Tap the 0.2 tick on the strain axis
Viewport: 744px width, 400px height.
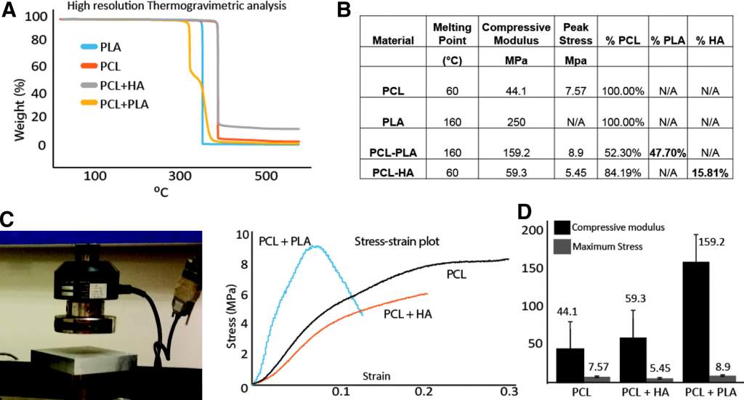coord(425,391)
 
